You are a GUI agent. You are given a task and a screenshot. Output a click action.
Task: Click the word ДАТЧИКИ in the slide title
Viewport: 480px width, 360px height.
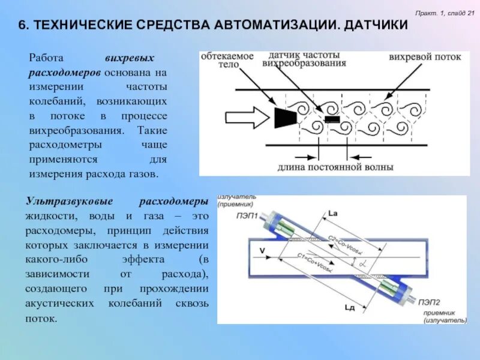point(372,25)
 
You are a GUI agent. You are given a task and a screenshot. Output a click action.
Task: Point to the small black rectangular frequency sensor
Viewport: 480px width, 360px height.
point(331,119)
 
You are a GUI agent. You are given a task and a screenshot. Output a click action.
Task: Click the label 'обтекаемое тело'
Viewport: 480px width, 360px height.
point(227,60)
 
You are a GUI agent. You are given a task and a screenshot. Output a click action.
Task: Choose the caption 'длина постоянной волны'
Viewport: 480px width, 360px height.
point(335,167)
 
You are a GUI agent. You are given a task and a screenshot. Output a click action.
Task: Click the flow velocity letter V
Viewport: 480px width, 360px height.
point(262,250)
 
